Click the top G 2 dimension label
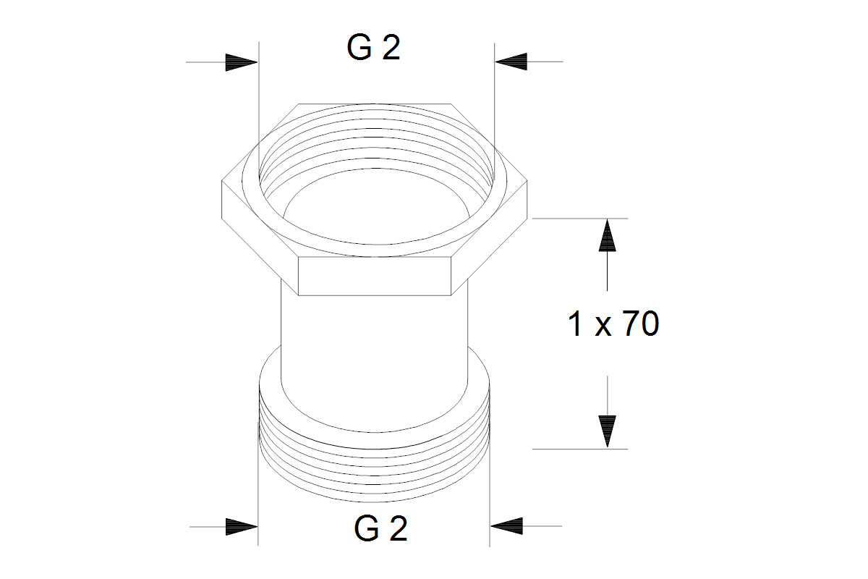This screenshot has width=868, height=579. (373, 47)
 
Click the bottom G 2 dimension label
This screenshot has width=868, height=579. (380, 528)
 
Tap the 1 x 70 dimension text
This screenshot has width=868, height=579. (613, 324)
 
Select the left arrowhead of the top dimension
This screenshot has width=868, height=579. (242, 62)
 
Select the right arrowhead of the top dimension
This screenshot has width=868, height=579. (511, 62)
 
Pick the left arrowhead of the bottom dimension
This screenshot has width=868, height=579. (242, 526)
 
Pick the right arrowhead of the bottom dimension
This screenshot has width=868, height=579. (506, 526)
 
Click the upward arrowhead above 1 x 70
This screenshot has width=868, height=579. (607, 235)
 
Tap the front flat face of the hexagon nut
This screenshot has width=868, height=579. (375, 276)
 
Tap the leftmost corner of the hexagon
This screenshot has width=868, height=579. (222, 181)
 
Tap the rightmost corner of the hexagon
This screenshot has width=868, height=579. (527, 181)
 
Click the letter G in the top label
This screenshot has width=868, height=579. (359, 47)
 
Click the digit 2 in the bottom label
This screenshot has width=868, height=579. (396, 528)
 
